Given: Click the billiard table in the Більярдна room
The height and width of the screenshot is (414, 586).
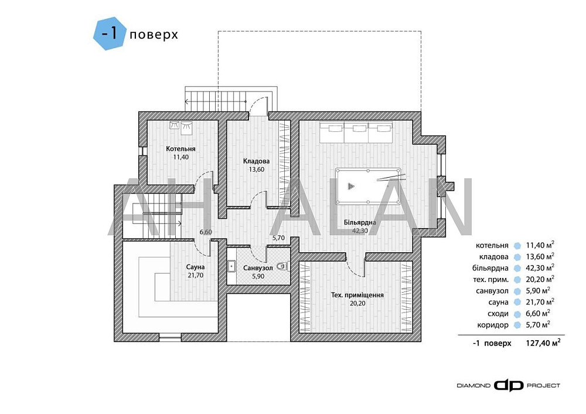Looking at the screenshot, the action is click(368, 186).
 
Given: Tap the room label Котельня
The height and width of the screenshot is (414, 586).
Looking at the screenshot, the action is click(180, 149).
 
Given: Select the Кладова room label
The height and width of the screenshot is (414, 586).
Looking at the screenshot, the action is click(256, 161).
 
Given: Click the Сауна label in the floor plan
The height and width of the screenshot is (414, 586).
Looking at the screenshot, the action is click(196, 267).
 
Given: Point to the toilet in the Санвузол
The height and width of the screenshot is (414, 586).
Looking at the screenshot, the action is click(282, 266).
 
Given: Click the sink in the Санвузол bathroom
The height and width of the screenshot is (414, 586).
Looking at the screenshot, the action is click(230, 266).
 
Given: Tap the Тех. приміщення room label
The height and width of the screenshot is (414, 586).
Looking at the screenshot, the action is click(357, 295).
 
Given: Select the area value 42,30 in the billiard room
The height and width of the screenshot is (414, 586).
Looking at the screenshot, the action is click(360, 230).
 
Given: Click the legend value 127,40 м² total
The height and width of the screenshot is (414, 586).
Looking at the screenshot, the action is click(543, 342).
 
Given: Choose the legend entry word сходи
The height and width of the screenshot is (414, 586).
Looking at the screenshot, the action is click(498, 313).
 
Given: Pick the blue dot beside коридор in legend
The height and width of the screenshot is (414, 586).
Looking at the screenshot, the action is click(517, 325).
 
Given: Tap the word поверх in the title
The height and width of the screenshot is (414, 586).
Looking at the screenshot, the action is click(154, 35).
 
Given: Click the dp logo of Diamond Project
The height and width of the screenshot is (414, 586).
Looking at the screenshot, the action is click(508, 386).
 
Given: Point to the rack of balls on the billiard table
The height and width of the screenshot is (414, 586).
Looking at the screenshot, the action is click(350, 186).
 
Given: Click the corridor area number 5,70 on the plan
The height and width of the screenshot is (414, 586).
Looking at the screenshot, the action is click(278, 237).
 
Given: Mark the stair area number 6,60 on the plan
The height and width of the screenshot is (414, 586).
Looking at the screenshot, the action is click(206, 232).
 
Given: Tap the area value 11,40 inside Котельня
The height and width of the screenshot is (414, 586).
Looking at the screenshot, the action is click(180, 157).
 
